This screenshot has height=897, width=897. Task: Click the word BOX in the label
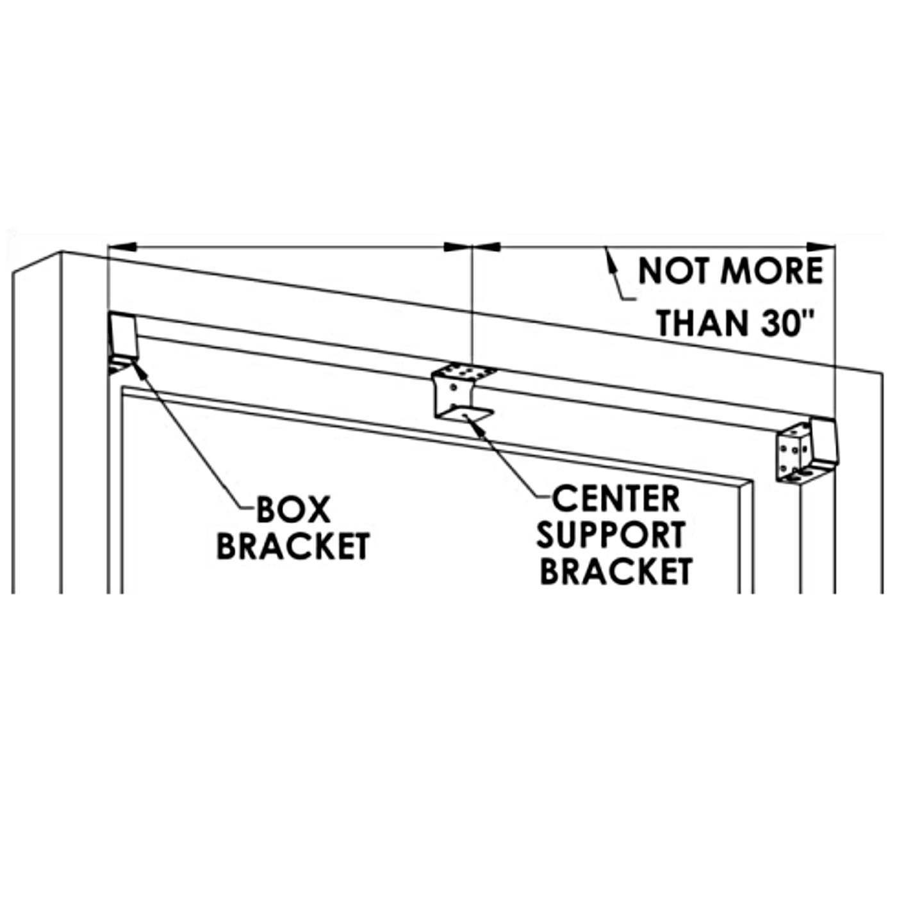click(293, 510)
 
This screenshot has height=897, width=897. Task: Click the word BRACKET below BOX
click(293, 547)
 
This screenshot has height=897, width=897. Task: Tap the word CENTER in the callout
click(616, 499)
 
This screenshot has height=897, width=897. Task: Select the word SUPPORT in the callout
click(611, 536)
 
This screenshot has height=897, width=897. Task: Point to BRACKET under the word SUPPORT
click(616, 572)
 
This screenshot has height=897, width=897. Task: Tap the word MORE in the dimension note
click(772, 271)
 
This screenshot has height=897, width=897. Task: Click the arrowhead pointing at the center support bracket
click(475, 420)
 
